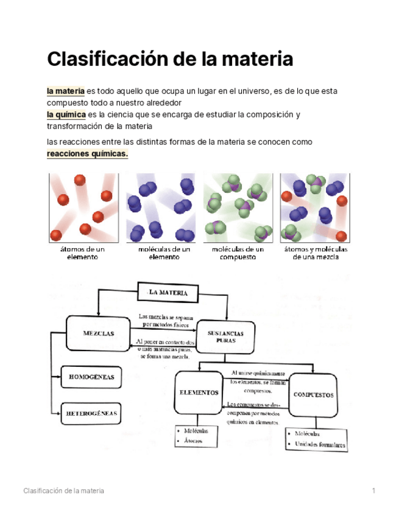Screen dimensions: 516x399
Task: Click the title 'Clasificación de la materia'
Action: [x=170, y=60]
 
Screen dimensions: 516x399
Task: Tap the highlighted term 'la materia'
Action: [x=66, y=91]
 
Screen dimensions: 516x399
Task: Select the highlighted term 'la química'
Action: [x=66, y=114]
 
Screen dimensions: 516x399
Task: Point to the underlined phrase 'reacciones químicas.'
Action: [x=88, y=154]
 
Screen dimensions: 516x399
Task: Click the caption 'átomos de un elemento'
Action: [x=83, y=253]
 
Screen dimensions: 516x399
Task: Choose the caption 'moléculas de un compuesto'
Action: [x=238, y=253]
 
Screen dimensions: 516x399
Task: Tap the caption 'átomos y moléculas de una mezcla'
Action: [x=316, y=253]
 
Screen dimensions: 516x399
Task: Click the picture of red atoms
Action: [x=83, y=207]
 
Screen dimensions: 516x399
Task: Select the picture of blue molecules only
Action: [x=160, y=207]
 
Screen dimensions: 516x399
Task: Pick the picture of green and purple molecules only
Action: [x=238, y=207]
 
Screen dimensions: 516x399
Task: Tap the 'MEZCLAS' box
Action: [x=99, y=333]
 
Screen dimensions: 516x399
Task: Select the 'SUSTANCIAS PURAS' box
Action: [x=225, y=337]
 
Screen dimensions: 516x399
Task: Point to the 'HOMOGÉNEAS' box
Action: [x=92, y=377]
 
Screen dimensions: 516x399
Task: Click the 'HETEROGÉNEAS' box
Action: [x=91, y=413]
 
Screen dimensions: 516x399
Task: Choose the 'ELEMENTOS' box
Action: [x=199, y=392]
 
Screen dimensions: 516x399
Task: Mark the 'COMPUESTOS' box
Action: [x=313, y=394]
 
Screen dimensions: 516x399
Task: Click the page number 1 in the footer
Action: [x=373, y=490]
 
